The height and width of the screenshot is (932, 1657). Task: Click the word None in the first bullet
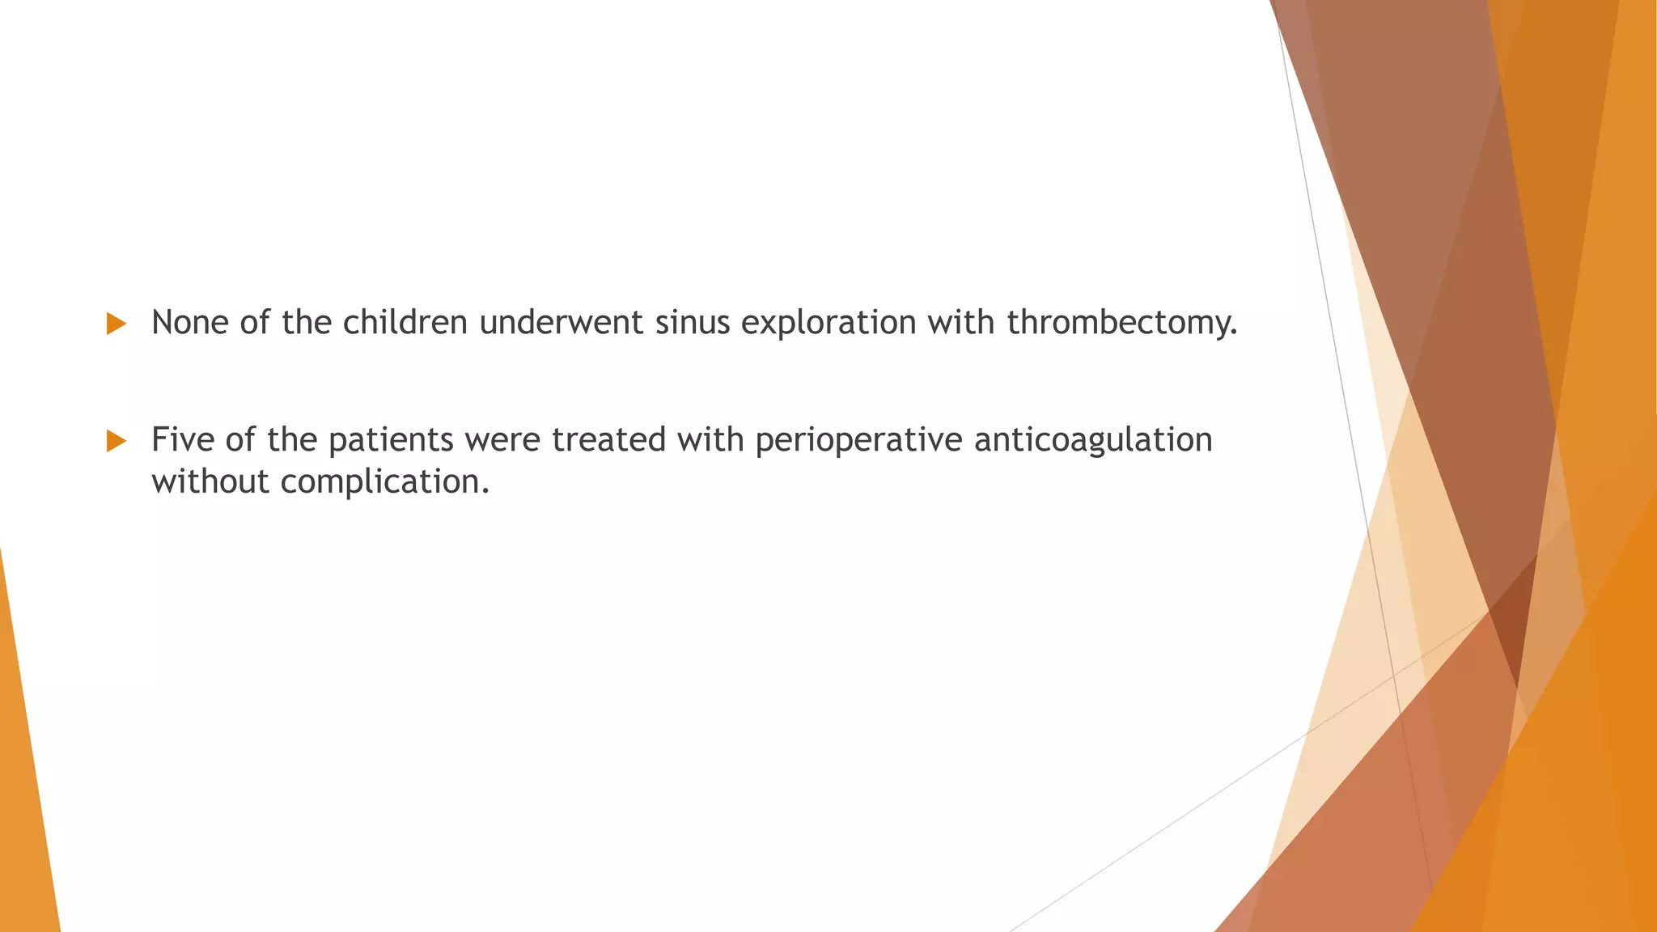tap(190, 323)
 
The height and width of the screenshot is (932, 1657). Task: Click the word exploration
tap(828, 323)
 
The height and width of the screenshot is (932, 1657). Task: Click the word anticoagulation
tap(1093, 440)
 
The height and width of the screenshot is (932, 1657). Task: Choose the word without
tap(210, 482)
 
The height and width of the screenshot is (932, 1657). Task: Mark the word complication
tap(385, 482)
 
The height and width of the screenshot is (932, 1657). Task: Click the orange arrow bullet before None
tap(117, 324)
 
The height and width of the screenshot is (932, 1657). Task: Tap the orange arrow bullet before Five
tap(117, 442)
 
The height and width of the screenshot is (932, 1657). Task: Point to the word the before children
tap(307, 323)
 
